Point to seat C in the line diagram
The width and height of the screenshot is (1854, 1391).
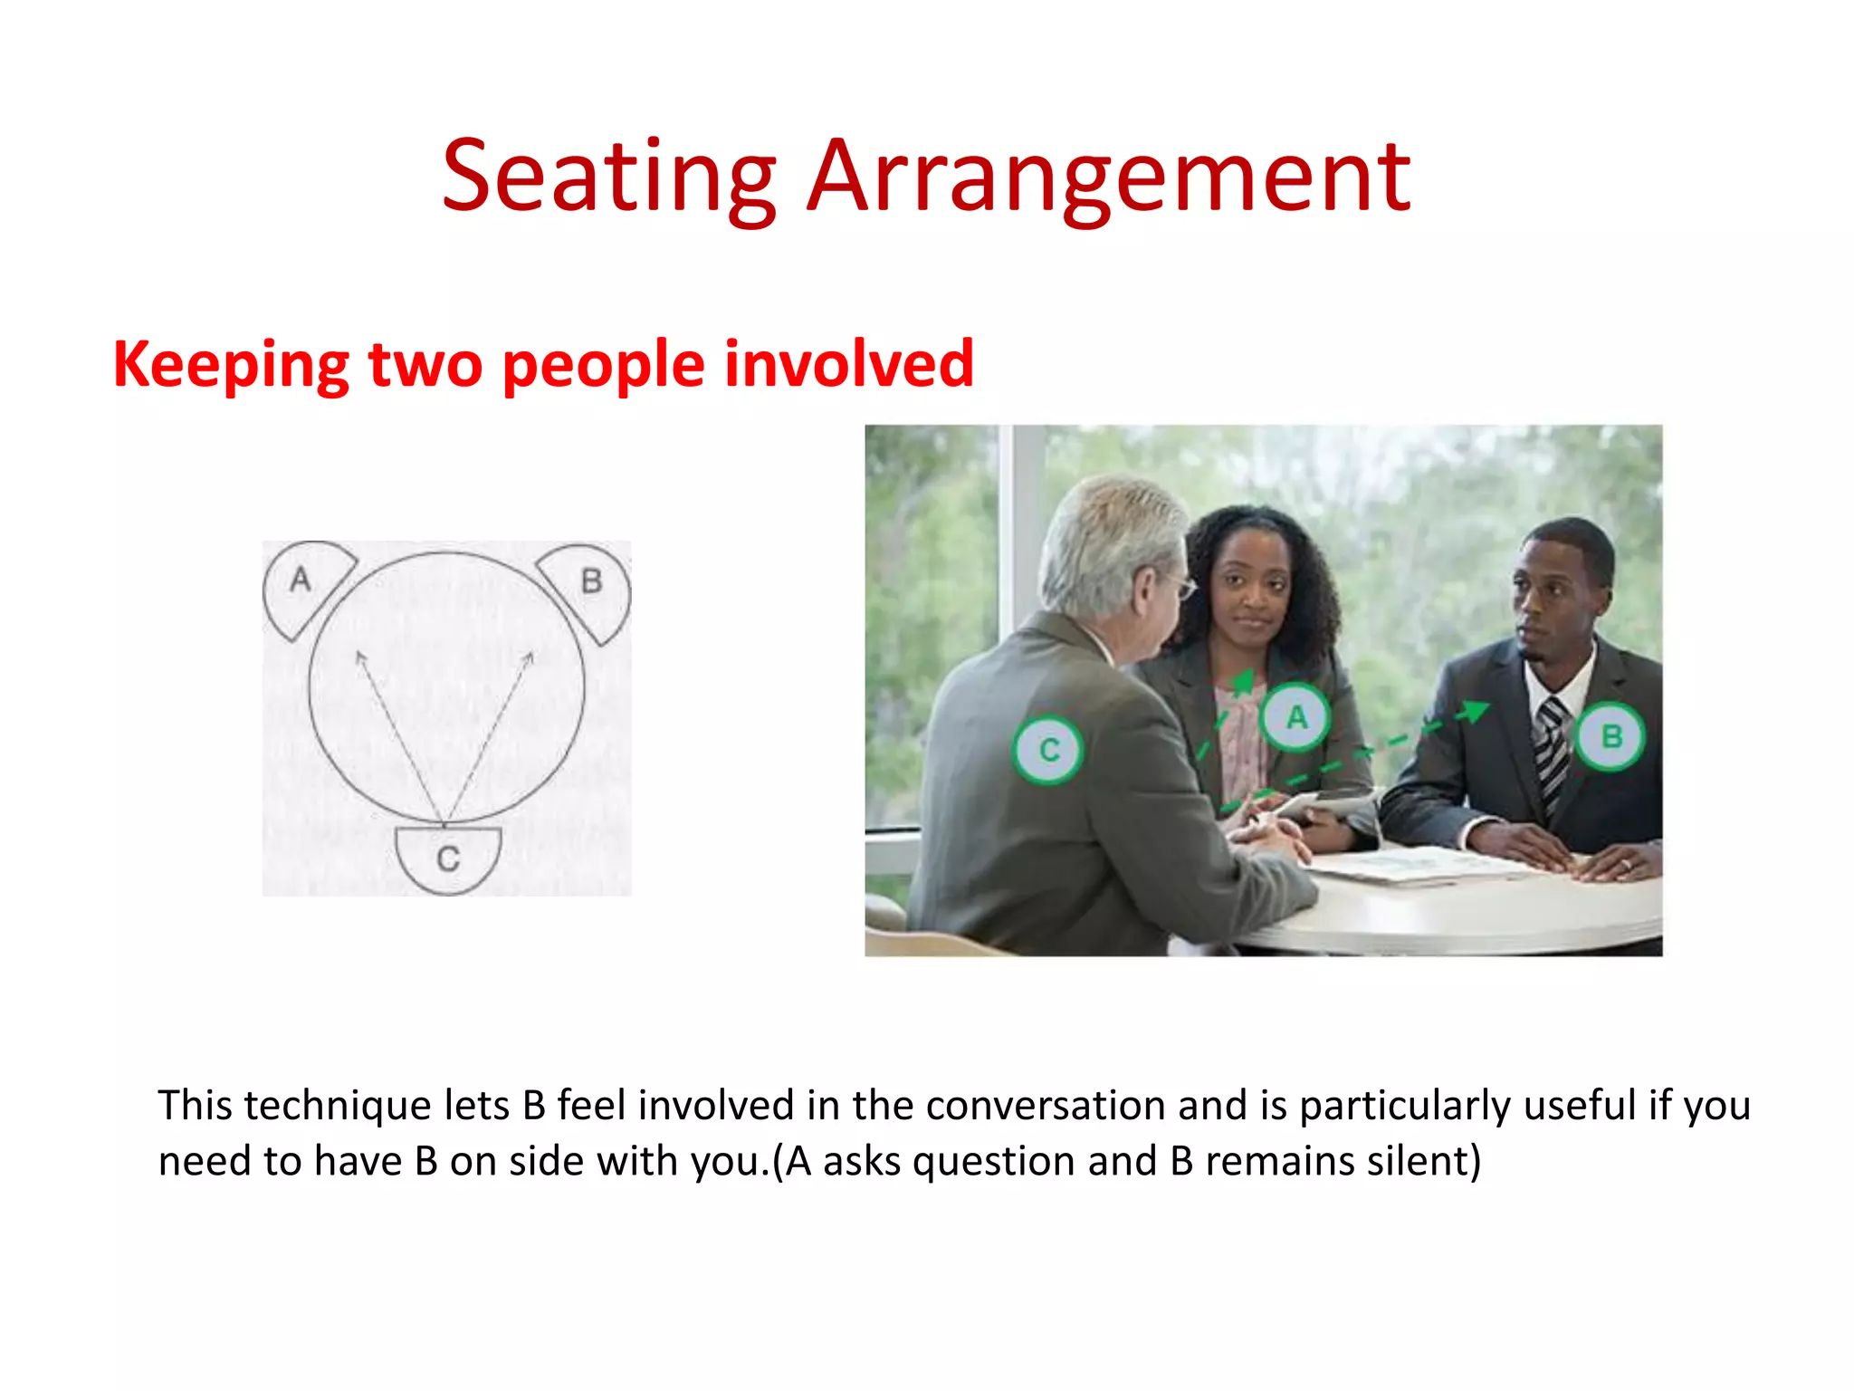pyautogui.click(x=448, y=858)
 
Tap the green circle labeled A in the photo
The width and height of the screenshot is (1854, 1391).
pyautogui.click(x=1296, y=717)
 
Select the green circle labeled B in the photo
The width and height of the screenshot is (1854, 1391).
pyautogui.click(x=1610, y=736)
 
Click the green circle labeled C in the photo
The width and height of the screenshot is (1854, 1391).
pyautogui.click(x=1048, y=750)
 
